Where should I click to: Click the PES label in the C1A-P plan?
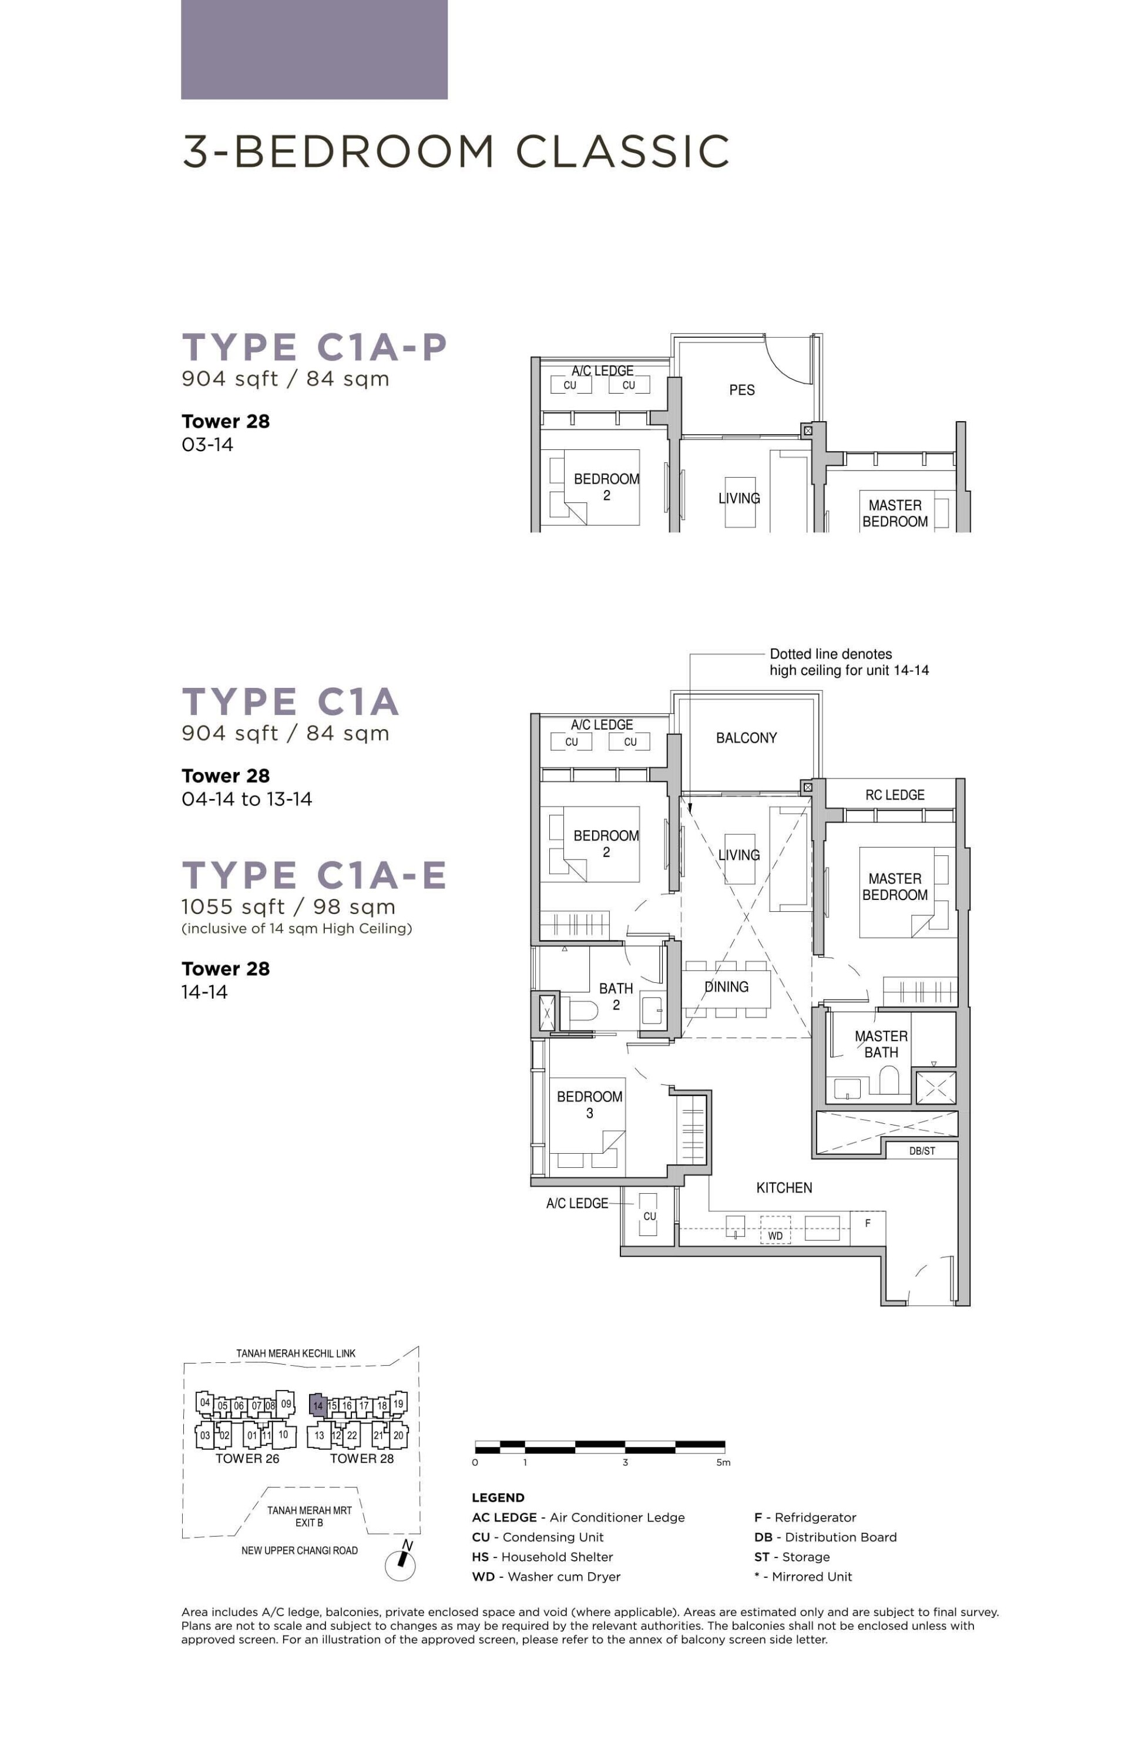click(x=741, y=390)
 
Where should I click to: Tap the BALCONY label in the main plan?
click(x=746, y=738)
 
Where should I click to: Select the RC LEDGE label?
click(x=894, y=795)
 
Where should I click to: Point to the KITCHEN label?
click(x=784, y=1188)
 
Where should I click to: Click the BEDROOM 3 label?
click(x=590, y=1104)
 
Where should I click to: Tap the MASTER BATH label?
click(x=881, y=1045)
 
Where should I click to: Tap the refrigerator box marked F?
click(x=868, y=1223)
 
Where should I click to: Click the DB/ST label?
click(x=921, y=1151)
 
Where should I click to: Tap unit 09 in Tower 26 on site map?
click(x=286, y=1403)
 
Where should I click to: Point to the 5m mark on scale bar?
click(x=723, y=1463)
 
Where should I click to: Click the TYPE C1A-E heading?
click(x=314, y=875)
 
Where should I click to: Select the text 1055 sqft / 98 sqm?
click(x=288, y=908)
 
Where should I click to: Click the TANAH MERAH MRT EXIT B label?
click(x=309, y=1517)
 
